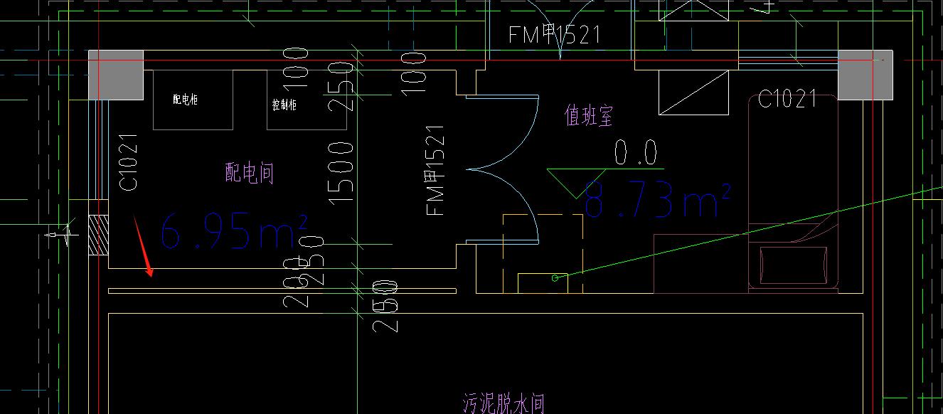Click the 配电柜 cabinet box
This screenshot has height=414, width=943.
point(193,100)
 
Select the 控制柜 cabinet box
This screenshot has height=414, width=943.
point(292,100)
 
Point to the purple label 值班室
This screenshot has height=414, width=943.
point(588,116)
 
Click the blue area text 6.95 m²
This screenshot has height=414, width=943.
point(233,230)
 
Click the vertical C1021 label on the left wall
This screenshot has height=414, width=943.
point(129,163)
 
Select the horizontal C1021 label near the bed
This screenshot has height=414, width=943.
point(787,99)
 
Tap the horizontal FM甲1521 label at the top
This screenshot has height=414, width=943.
point(555,34)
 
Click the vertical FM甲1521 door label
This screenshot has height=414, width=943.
point(435,171)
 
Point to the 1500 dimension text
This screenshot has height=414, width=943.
point(343,172)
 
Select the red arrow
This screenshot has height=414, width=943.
point(142,246)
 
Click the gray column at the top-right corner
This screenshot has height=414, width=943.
point(865,75)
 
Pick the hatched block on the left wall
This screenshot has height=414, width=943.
point(97,235)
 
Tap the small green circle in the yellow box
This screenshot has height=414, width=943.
point(556,278)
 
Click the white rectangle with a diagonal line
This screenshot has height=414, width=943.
point(694,92)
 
